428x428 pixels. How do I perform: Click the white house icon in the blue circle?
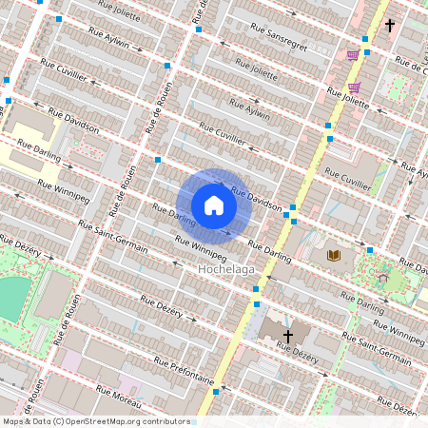(214, 205)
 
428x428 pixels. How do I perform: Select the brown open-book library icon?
(334, 256)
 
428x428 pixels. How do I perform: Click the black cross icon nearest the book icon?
(287, 336)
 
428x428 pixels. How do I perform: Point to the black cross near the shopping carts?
(389, 26)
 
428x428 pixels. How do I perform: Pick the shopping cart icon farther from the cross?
(353, 55)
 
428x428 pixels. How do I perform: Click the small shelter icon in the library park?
(382, 279)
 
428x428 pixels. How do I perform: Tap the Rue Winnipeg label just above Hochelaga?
(199, 244)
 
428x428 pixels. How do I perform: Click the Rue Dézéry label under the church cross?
(299, 354)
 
